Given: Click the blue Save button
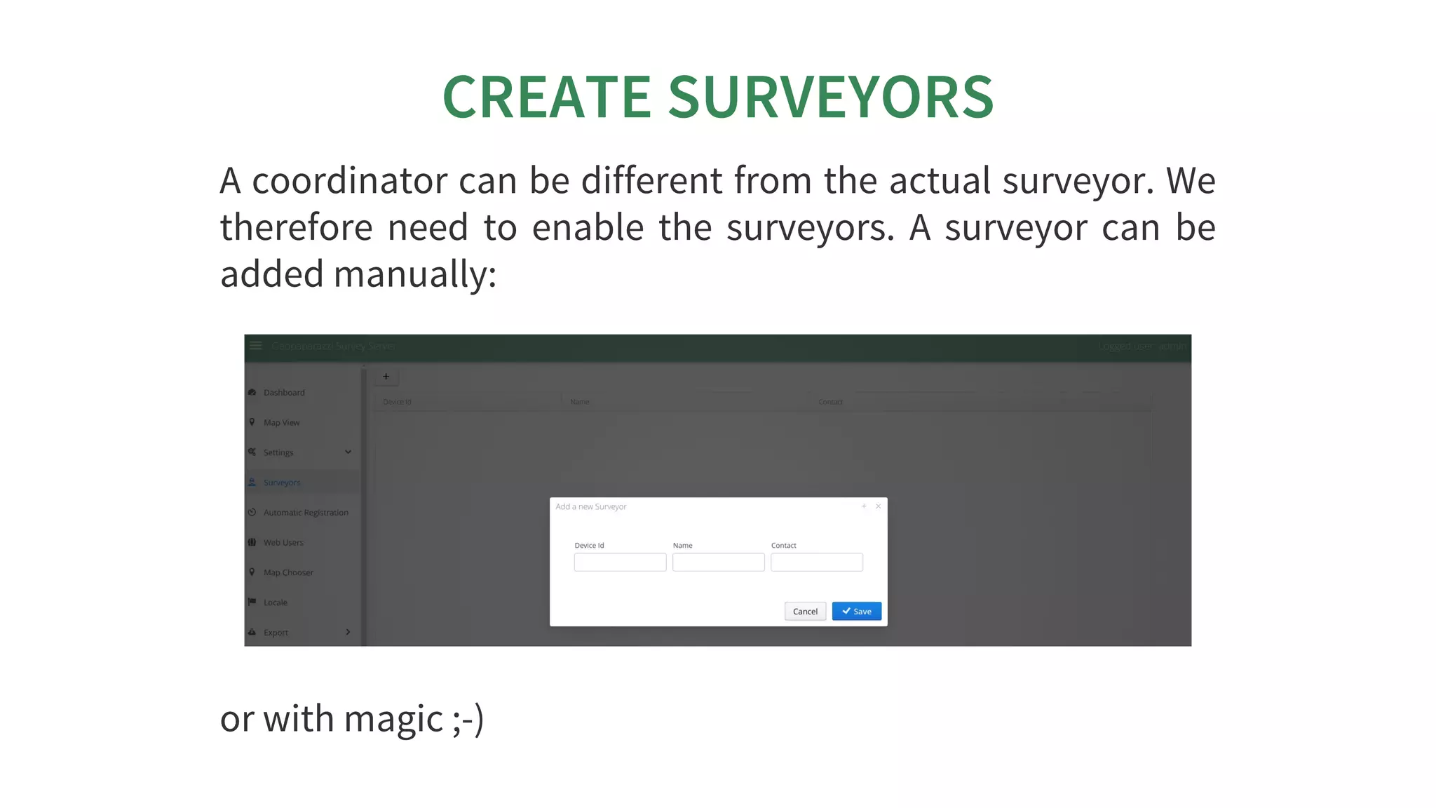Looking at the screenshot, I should pyautogui.click(x=856, y=611).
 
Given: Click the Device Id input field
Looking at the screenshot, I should pyautogui.click(x=620, y=562).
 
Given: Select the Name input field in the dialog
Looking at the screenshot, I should pyautogui.click(x=718, y=562).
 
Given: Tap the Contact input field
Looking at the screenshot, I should pyautogui.click(x=816, y=562).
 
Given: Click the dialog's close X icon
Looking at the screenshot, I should pyautogui.click(x=878, y=506).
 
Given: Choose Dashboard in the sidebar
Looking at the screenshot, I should pyautogui.click(x=284, y=393).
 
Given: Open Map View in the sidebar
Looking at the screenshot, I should pyautogui.click(x=281, y=423).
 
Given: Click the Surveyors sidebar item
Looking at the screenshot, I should pyautogui.click(x=282, y=483).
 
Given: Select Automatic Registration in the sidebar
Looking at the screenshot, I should pyautogui.click(x=306, y=513).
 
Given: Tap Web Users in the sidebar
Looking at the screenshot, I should pyautogui.click(x=283, y=543).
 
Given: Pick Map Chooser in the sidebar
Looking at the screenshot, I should pyautogui.click(x=288, y=573).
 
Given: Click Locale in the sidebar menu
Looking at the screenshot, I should pyautogui.click(x=276, y=602).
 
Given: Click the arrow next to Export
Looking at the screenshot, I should pyautogui.click(x=348, y=632).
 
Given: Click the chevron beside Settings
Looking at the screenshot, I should pyautogui.click(x=348, y=452).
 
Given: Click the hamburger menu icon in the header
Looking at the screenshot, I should pyautogui.click(x=256, y=346).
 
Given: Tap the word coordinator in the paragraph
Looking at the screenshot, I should pyautogui.click(x=349, y=181).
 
